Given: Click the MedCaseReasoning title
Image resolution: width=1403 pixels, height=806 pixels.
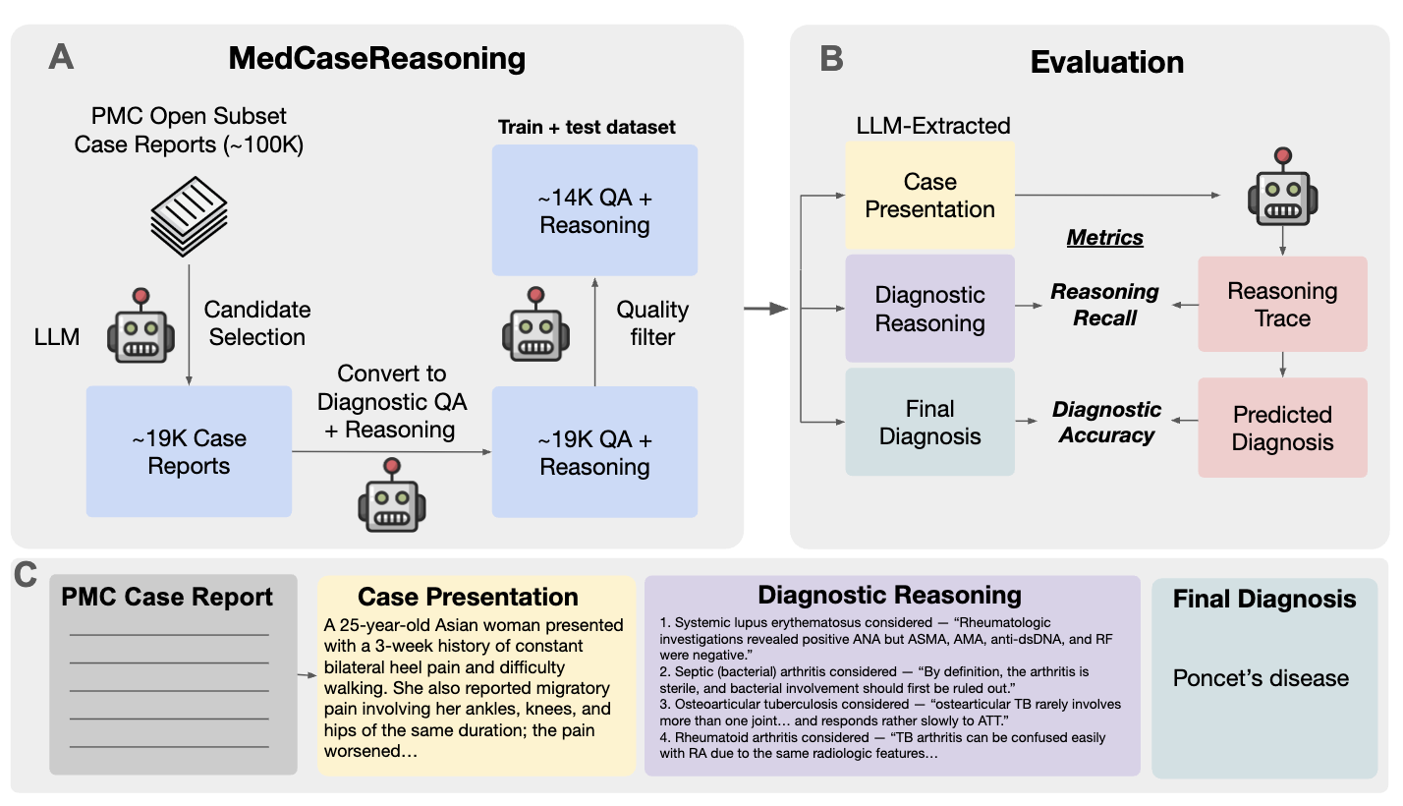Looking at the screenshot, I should (377, 59).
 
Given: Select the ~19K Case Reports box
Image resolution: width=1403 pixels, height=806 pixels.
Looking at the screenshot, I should (189, 451).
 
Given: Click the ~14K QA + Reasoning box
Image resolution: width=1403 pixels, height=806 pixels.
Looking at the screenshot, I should (594, 210).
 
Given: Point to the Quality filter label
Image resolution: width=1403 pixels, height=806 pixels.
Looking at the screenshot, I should (652, 323).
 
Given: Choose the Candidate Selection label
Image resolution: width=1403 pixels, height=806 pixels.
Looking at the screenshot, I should (257, 323).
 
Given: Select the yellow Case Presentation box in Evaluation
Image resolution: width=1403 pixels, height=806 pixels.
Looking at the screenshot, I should (929, 196).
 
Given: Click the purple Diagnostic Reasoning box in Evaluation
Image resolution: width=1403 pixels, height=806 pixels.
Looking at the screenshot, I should (929, 310).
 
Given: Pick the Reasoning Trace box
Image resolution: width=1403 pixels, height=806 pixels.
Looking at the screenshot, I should (1282, 305).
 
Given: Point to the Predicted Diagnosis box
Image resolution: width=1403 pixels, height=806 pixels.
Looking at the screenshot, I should (1282, 428).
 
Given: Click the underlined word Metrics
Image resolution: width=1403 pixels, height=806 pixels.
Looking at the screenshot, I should (1105, 238).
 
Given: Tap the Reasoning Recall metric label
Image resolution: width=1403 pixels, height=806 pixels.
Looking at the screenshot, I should (1104, 305).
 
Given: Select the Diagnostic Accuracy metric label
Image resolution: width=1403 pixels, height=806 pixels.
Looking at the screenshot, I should (1106, 422).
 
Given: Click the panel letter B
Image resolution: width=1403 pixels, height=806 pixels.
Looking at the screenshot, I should (830, 59).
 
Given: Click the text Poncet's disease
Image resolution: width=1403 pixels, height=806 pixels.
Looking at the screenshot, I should (1261, 678).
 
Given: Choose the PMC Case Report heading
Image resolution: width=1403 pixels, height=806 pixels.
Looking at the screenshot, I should (167, 598).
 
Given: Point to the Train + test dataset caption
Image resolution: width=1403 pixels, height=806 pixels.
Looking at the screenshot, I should (587, 128).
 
